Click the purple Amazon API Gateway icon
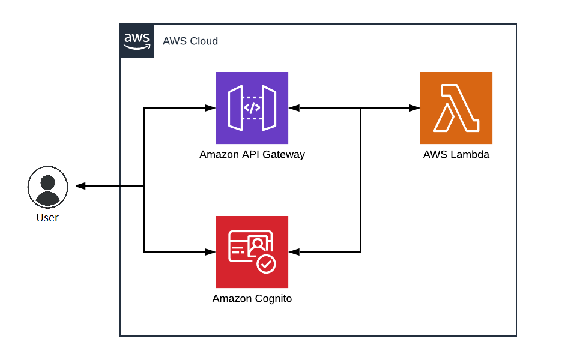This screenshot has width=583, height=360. point(252,108)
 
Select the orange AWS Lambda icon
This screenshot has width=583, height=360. point(456,108)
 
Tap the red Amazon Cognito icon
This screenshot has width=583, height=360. point(252,252)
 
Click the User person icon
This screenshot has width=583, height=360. point(47,187)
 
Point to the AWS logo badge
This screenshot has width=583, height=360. point(137,41)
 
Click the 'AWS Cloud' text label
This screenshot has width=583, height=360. point(190,41)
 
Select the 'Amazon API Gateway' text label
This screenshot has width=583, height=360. point(252,155)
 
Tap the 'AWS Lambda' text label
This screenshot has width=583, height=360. point(456,155)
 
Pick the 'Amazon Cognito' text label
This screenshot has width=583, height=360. point(252,299)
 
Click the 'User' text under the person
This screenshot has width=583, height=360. point(47,218)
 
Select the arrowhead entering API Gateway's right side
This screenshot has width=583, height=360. point(294,108)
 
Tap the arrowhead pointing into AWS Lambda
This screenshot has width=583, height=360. point(414,108)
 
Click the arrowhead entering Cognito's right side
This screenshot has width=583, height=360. point(294,252)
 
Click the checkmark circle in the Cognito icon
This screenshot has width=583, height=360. point(265,263)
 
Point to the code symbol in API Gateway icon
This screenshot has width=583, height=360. point(252,108)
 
